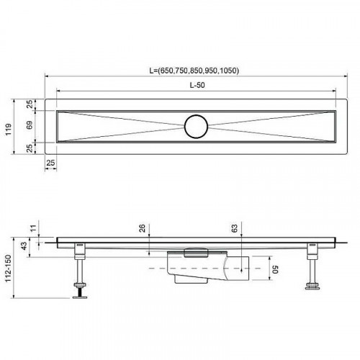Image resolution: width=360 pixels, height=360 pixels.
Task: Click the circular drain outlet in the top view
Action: pyautogui.click(x=196, y=125)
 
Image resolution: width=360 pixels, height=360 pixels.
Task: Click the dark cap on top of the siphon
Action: pyautogui.click(x=197, y=250)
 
